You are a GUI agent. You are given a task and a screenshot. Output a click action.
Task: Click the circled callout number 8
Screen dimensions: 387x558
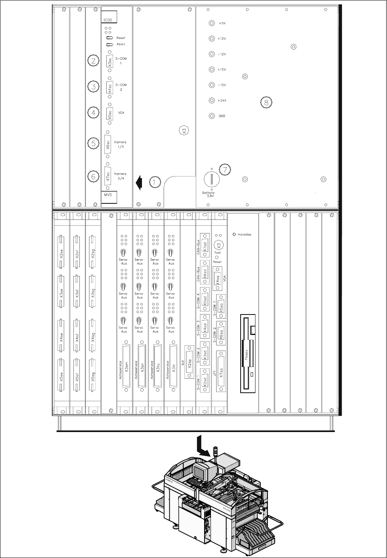tap(266, 102)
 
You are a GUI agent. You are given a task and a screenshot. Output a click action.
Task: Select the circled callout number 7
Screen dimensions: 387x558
tap(225, 170)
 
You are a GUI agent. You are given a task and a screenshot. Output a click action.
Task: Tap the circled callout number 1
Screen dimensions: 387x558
tap(155, 182)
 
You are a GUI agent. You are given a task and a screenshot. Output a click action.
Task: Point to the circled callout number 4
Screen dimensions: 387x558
tap(93, 113)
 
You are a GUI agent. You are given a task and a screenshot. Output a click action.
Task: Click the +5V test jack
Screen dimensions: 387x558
tap(212, 23)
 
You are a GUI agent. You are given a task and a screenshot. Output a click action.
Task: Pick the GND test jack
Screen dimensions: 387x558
tap(212, 116)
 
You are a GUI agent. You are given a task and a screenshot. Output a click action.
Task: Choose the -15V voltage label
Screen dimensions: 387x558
tap(222, 85)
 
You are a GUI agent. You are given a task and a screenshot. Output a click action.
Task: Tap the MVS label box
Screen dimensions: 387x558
tap(109, 196)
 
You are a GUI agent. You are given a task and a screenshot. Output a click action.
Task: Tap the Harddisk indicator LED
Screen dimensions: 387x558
tap(234, 234)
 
